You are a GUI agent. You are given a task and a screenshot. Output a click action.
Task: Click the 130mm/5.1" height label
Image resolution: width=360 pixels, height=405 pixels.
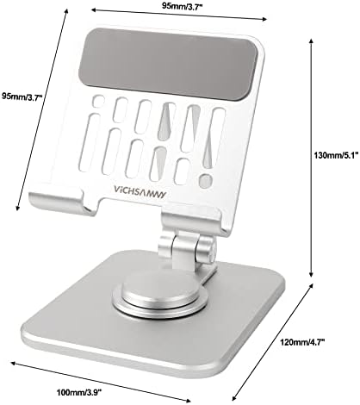(336, 156)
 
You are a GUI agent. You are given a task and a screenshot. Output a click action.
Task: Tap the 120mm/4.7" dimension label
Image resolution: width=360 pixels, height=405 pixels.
(302, 342)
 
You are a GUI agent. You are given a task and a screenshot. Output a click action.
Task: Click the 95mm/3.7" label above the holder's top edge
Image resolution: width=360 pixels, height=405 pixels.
(183, 6)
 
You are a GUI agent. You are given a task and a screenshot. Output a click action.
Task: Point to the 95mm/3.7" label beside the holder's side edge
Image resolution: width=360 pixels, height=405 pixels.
(22, 96)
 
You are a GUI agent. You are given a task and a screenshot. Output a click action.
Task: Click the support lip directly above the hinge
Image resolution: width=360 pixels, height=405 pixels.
(192, 221)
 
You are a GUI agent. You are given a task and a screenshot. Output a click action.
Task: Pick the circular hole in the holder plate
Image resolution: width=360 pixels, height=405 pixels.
(206, 181)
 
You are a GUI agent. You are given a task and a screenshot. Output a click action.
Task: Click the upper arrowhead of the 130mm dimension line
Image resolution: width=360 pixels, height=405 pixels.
(311, 39)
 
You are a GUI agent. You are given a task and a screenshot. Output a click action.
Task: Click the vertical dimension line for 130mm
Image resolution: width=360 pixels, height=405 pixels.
(311, 158)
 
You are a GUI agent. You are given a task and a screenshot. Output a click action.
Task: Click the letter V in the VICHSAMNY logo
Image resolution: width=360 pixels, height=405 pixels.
(116, 190)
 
